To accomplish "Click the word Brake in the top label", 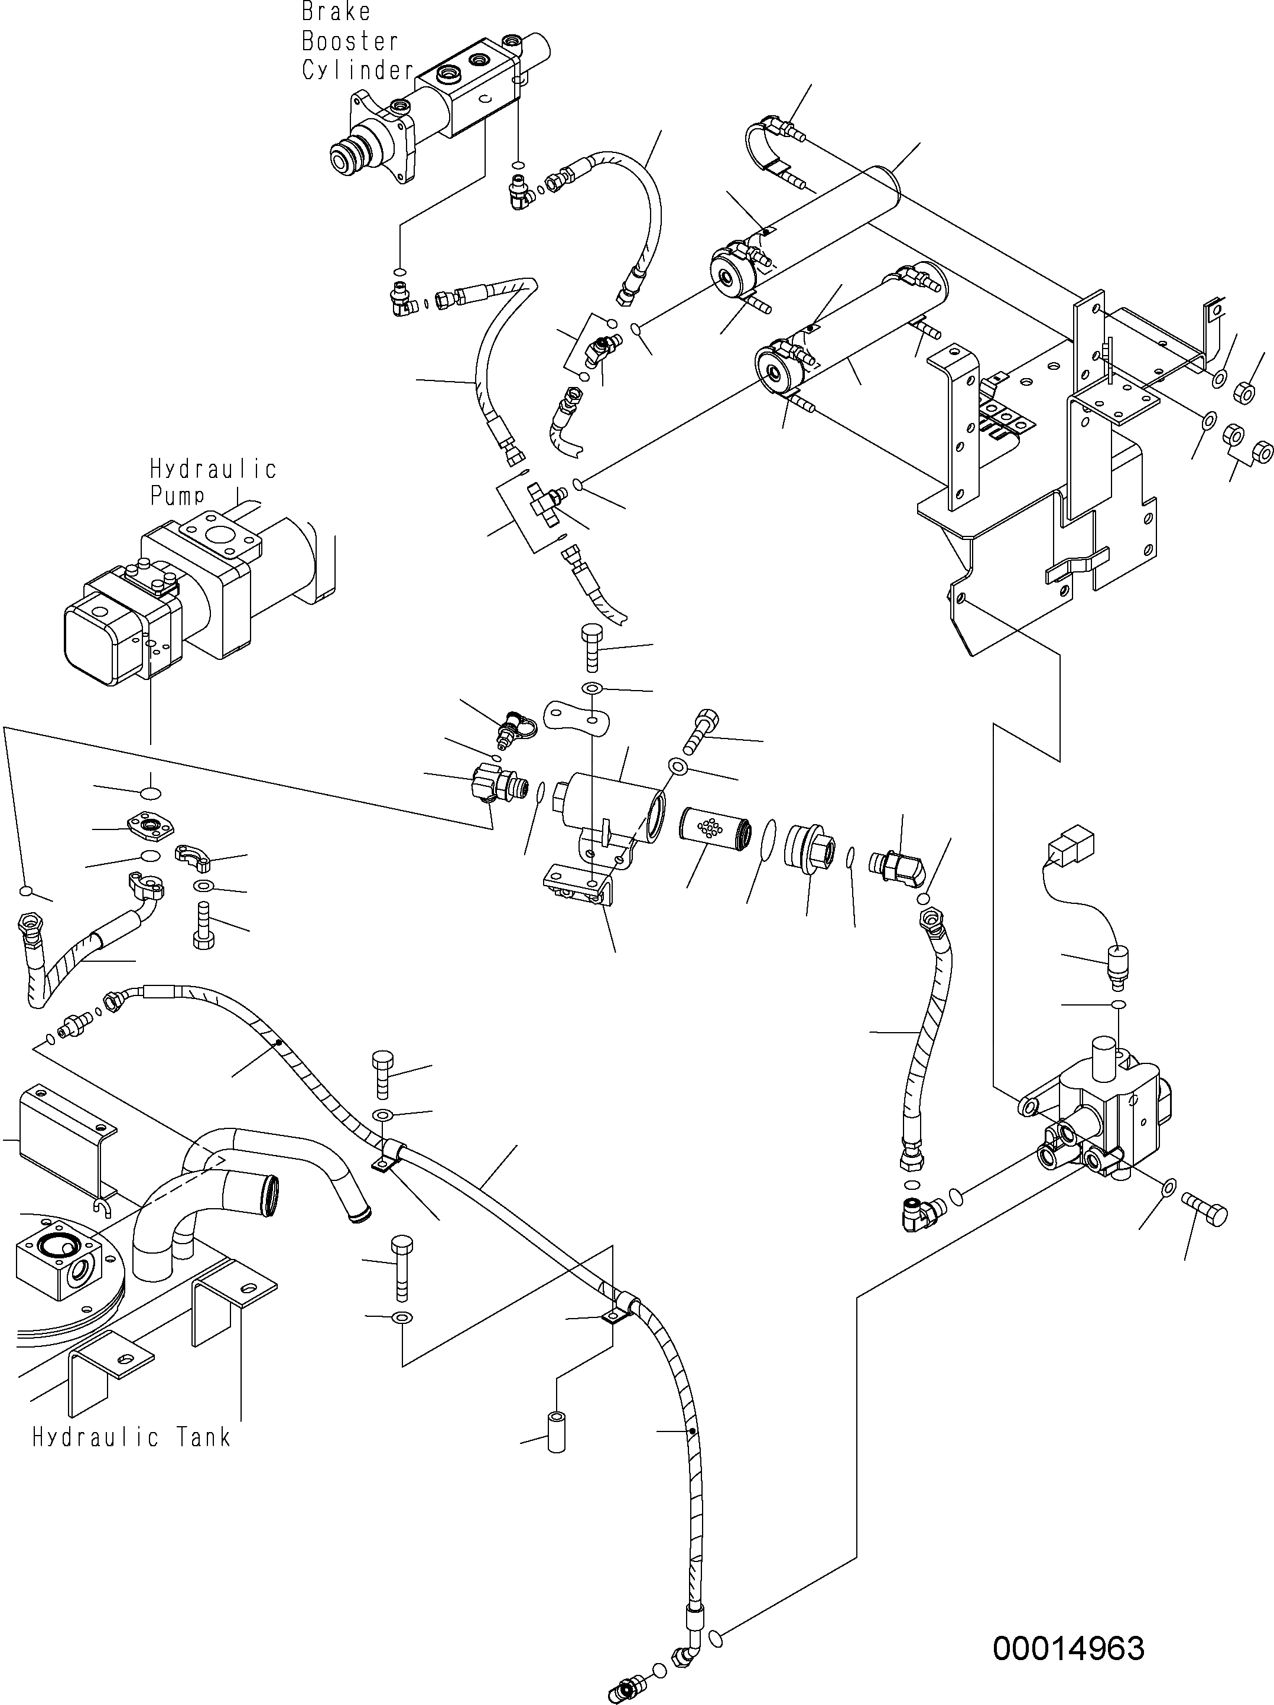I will [x=336, y=12].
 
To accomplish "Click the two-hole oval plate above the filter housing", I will [x=577, y=714].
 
